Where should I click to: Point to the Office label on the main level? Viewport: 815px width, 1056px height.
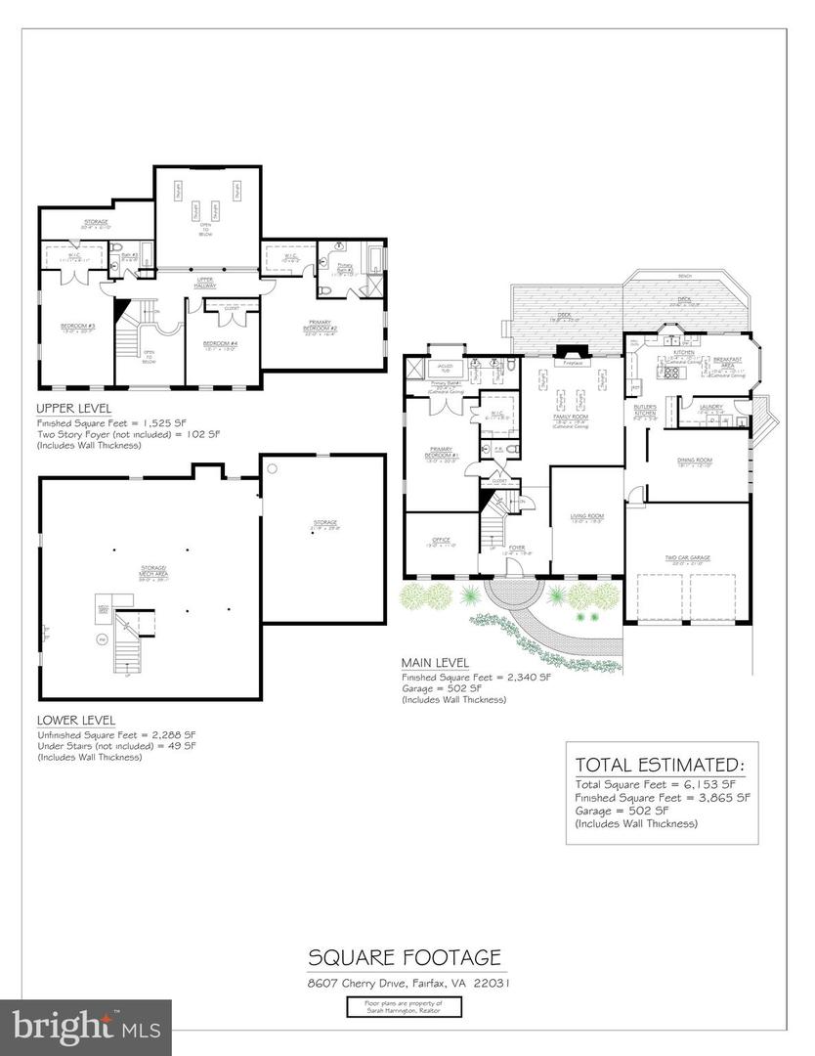[439, 543]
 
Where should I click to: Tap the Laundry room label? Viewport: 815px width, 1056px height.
[711, 410]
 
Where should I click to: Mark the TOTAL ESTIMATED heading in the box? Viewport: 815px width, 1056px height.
[660, 764]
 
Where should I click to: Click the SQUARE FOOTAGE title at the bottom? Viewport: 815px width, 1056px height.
[406, 955]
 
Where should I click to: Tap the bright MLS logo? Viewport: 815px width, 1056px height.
[86, 1027]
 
